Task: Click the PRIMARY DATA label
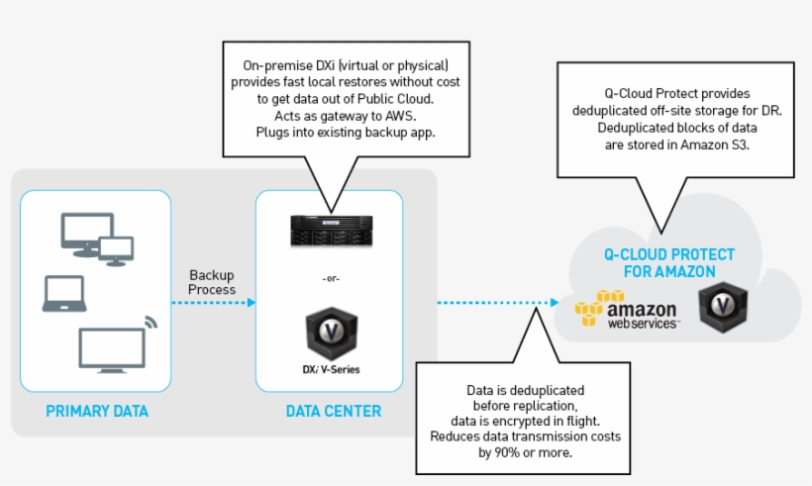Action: click(96, 411)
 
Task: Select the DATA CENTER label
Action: click(333, 411)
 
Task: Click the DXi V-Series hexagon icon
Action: click(330, 333)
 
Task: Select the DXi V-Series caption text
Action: click(330, 370)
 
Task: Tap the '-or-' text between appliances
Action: click(330, 278)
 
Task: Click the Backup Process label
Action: click(213, 282)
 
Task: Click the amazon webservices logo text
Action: click(642, 315)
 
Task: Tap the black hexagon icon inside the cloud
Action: click(724, 308)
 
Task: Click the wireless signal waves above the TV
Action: click(150, 323)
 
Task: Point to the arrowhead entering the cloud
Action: click(559, 302)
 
